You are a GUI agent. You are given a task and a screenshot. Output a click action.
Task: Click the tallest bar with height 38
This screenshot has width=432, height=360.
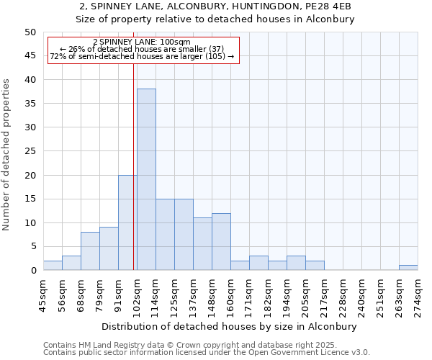click(x=146, y=179)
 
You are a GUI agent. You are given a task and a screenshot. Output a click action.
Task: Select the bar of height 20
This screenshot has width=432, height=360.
click(x=127, y=222)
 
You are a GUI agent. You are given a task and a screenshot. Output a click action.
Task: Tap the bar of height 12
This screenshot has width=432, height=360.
click(x=221, y=241)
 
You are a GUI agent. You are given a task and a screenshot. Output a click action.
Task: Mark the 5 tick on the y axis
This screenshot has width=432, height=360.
click(x=32, y=246)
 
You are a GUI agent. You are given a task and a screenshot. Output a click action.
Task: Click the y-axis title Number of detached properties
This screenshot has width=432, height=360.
click(x=7, y=155)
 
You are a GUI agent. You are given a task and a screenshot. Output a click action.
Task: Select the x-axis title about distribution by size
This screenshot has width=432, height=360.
click(x=230, y=326)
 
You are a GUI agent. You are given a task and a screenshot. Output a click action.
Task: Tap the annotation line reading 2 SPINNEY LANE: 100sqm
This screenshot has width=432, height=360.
click(x=142, y=42)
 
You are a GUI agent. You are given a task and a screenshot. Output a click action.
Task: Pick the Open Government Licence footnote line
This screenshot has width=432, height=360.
click(x=207, y=353)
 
